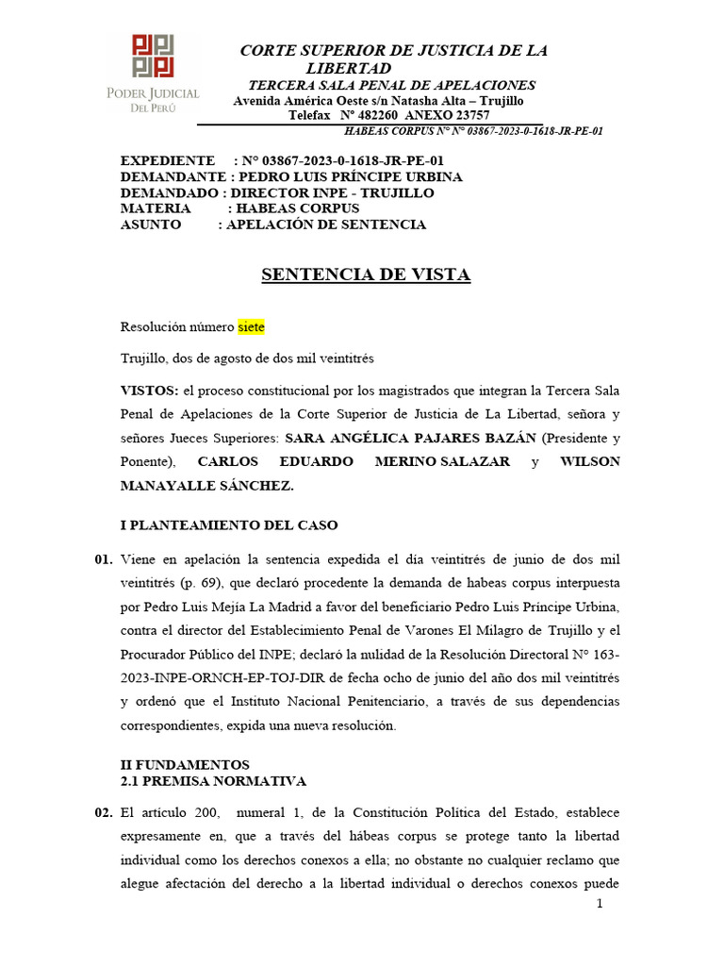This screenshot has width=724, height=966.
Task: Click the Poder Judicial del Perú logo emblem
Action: (x=153, y=56)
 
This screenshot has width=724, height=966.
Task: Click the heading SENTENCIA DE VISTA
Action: (x=365, y=275)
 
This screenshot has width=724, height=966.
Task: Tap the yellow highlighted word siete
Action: (x=252, y=327)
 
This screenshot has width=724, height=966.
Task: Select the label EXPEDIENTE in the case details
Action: (x=168, y=160)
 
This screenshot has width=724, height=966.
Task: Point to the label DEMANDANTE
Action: (x=173, y=176)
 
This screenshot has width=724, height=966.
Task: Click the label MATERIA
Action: (x=156, y=208)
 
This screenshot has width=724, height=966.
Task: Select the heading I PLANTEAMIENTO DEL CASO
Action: (x=229, y=525)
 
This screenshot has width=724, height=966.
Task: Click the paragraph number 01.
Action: (x=104, y=559)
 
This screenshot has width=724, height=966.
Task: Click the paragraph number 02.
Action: (x=104, y=812)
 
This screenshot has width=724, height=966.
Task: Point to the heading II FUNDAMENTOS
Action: (x=185, y=764)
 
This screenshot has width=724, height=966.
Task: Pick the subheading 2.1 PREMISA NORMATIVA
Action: (x=213, y=781)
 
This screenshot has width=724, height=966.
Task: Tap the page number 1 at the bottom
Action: (x=599, y=904)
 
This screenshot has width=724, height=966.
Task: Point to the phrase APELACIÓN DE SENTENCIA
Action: (x=326, y=225)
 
